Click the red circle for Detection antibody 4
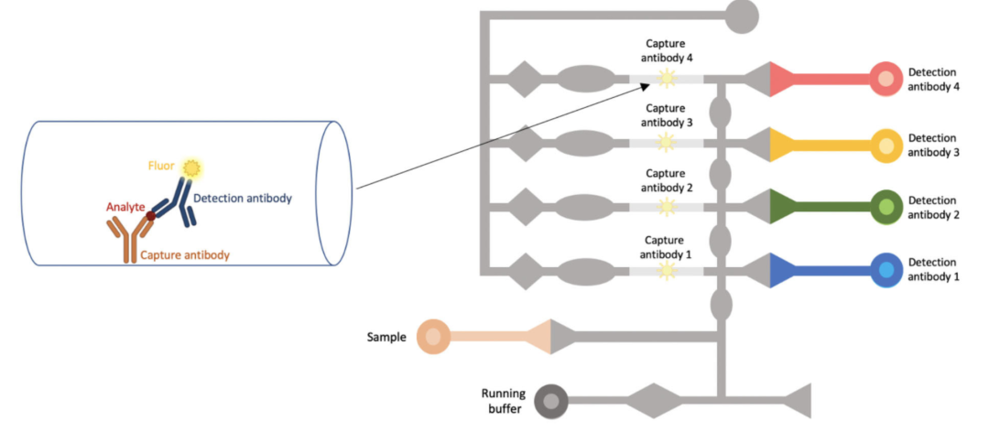pyautogui.click(x=886, y=79)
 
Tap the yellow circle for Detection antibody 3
pyautogui.click(x=886, y=144)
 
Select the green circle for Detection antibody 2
pyautogui.click(x=886, y=207)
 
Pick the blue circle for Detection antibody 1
pyautogui.click(x=886, y=270)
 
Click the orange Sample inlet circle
pyautogui.click(x=433, y=337)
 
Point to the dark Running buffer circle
pyautogui.click(x=551, y=400)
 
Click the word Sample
pyautogui.click(x=386, y=337)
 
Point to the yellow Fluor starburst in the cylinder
pyautogui.click(x=191, y=167)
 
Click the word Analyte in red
pyautogui.click(x=125, y=208)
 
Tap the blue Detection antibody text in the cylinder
pyautogui.click(x=243, y=199)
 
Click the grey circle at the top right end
pyautogui.click(x=742, y=15)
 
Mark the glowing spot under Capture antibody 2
pyautogui.click(x=666, y=207)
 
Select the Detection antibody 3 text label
pyautogui.click(x=933, y=145)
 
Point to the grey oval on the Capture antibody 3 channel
pyautogui.click(x=585, y=144)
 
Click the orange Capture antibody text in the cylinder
pyautogui.click(x=185, y=255)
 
